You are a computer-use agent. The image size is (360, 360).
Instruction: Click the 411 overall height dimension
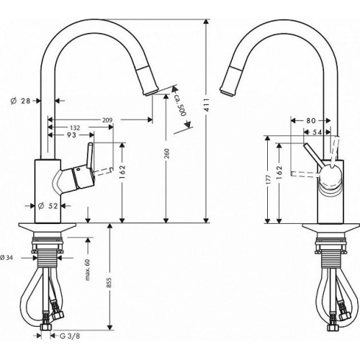click(x=207, y=104)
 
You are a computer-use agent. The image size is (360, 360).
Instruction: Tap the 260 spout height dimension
click(x=167, y=153)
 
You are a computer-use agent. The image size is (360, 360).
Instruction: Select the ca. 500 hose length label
click(x=180, y=104)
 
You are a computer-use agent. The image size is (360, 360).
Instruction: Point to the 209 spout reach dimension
click(x=107, y=120)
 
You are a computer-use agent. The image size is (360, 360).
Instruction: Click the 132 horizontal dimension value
click(x=75, y=127)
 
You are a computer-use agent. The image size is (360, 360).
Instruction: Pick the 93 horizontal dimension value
click(x=71, y=135)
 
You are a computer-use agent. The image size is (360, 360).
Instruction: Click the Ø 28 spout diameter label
click(x=21, y=101)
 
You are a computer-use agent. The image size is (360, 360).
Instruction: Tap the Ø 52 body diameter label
click(x=48, y=206)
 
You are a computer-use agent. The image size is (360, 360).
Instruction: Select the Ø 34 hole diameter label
click(x=6, y=258)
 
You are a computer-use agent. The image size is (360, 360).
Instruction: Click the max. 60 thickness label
click(x=87, y=269)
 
